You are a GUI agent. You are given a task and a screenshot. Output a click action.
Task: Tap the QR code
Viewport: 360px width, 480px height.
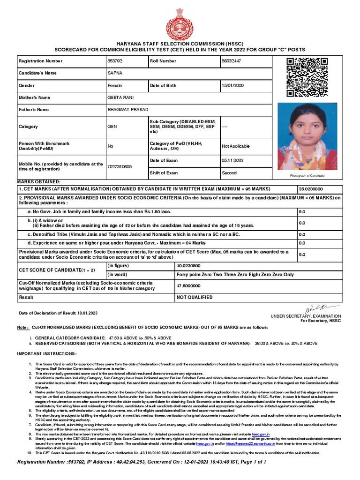click(x=307, y=77)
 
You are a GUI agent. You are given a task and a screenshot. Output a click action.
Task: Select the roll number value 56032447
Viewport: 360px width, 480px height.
click(x=232, y=61)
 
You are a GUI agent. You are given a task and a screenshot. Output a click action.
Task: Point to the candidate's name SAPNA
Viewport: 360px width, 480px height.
click(x=114, y=74)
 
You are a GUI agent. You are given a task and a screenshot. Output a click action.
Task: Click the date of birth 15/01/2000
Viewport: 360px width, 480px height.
click(x=233, y=86)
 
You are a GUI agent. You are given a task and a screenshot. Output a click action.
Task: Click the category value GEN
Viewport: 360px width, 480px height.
click(x=112, y=127)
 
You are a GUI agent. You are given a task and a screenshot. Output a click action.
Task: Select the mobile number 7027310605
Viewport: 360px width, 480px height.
click(x=120, y=167)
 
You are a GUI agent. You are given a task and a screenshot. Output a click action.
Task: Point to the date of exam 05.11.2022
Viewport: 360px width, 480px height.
click(x=233, y=161)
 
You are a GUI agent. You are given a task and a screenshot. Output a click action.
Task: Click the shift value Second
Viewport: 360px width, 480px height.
click(x=230, y=173)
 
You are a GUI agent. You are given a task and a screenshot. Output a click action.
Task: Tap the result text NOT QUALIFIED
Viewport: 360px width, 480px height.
click(x=194, y=297)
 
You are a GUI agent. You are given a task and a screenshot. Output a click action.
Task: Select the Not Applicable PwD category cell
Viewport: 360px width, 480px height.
click(x=236, y=146)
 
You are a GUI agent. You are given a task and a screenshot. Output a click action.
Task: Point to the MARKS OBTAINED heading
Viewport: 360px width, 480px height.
click(x=39, y=181)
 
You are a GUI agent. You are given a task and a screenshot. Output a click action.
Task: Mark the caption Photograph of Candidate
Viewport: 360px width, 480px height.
click(x=307, y=175)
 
